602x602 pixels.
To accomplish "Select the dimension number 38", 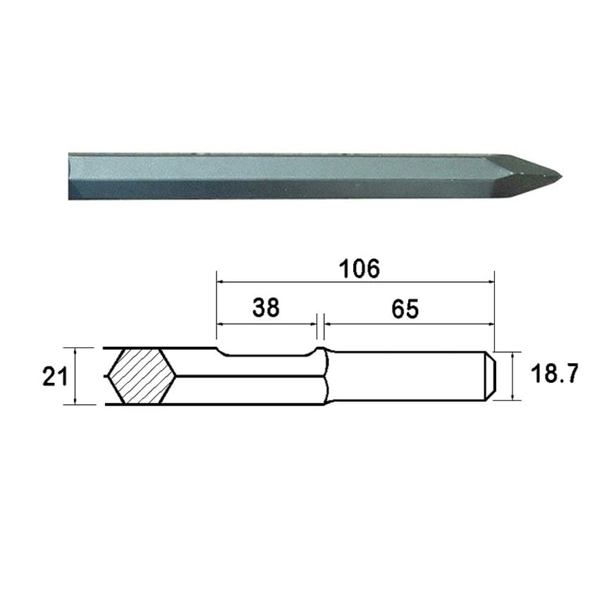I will pos(266,307).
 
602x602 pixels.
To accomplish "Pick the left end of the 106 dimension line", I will pos(217,281).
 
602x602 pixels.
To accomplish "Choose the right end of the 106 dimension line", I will pos(495,281).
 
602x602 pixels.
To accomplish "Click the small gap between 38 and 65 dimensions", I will pos(319,324).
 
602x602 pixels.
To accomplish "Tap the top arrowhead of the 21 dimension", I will pos(76,350).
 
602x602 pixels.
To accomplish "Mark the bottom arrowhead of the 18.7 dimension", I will pos(513,398).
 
